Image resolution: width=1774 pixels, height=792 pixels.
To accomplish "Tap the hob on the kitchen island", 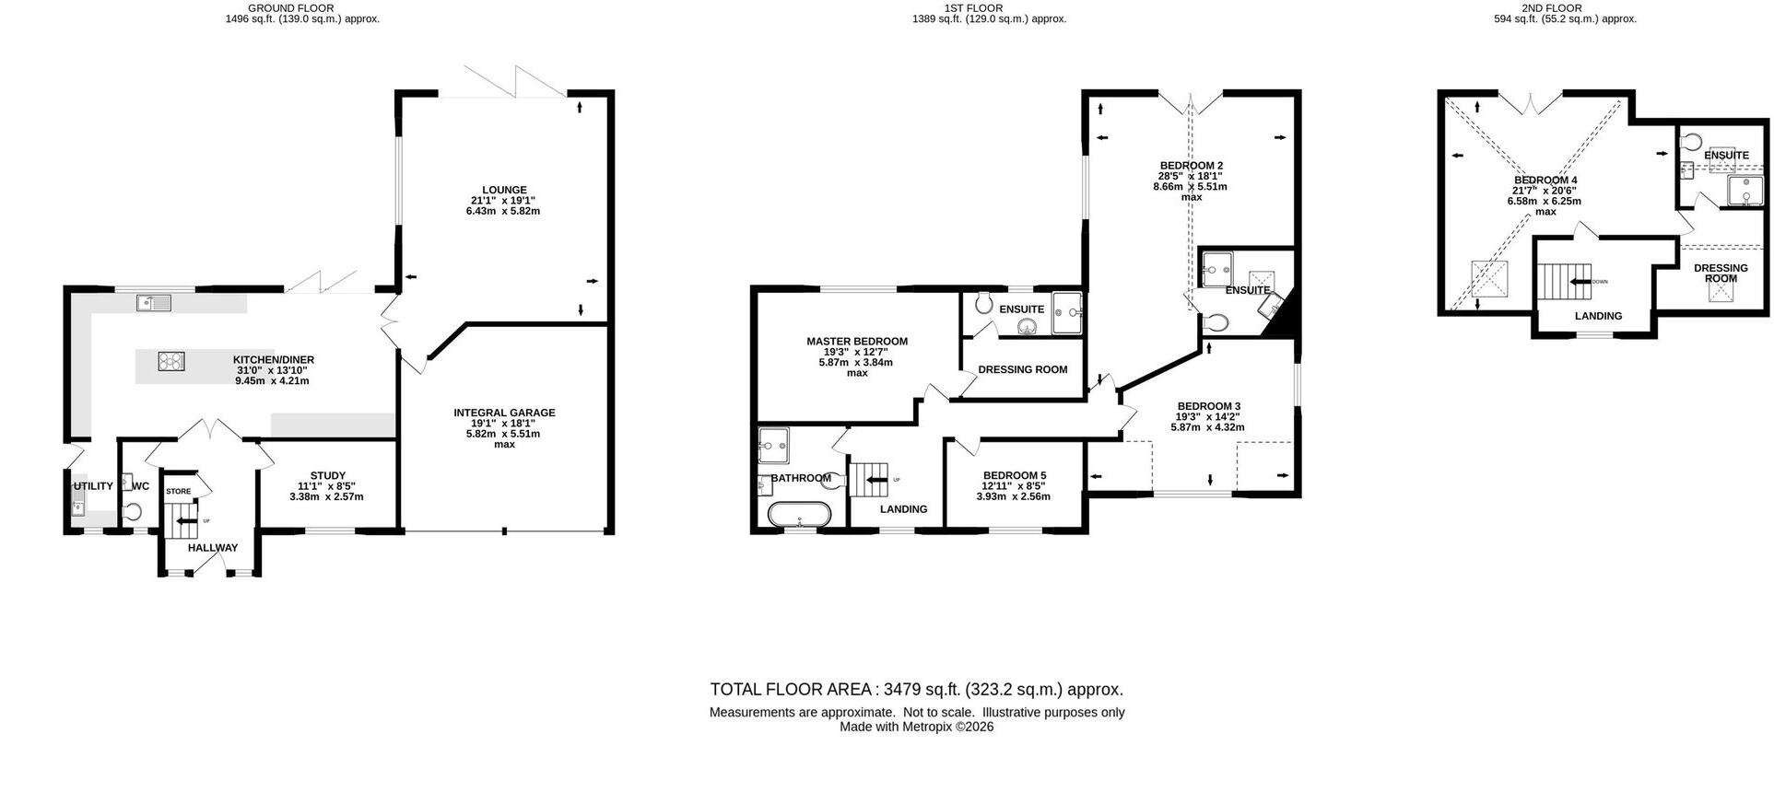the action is pyautogui.click(x=171, y=361).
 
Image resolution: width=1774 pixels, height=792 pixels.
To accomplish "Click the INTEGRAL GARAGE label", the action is pyautogui.click(x=504, y=413).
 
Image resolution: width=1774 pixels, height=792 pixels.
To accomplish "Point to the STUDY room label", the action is pyautogui.click(x=328, y=476).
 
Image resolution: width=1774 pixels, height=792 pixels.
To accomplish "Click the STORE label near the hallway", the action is pyautogui.click(x=179, y=492).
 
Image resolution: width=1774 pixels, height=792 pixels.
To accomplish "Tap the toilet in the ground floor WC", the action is pyautogui.click(x=134, y=511).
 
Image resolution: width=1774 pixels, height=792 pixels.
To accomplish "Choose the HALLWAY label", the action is pyautogui.click(x=213, y=548).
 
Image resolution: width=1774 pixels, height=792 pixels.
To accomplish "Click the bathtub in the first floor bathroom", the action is pyautogui.click(x=799, y=513).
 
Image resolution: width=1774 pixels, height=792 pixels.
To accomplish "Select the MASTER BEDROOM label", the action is pyautogui.click(x=857, y=341).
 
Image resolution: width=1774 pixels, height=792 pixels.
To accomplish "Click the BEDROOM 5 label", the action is pyautogui.click(x=1014, y=475).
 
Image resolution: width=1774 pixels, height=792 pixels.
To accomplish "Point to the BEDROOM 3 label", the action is pyautogui.click(x=1209, y=406).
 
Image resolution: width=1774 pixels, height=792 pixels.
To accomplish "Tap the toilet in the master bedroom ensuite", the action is pyautogui.click(x=982, y=302).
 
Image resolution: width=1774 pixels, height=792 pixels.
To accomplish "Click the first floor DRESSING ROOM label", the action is pyautogui.click(x=1023, y=369).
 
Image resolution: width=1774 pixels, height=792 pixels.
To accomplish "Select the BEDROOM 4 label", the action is pyautogui.click(x=1545, y=180).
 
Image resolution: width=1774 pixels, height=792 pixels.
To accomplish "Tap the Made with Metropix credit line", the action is pyautogui.click(x=917, y=727).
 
